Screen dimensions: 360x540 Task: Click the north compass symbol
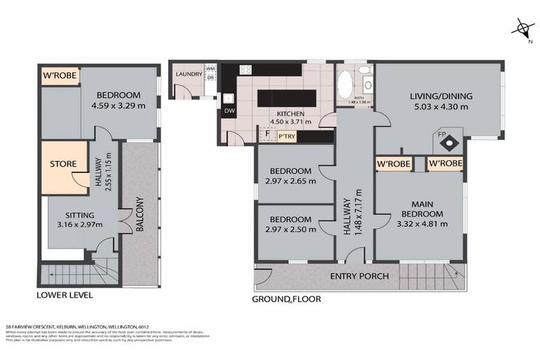pyautogui.click(x=522, y=29)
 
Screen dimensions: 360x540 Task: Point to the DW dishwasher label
pyautogui.click(x=229, y=111)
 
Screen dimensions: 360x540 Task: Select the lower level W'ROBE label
pyautogui.click(x=60, y=75)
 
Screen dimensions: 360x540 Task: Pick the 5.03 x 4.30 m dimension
pyautogui.click(x=440, y=107)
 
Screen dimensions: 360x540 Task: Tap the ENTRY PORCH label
pyautogui.click(x=359, y=276)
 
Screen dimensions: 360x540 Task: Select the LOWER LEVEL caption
pyautogui.click(x=64, y=295)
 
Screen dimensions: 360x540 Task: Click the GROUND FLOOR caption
pyautogui.click(x=286, y=299)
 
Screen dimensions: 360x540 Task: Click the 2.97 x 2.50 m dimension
pyautogui.click(x=291, y=229)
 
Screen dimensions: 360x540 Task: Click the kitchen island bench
pyautogui.click(x=284, y=98)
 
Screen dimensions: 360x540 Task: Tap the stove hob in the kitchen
pyautogui.click(x=246, y=70)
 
